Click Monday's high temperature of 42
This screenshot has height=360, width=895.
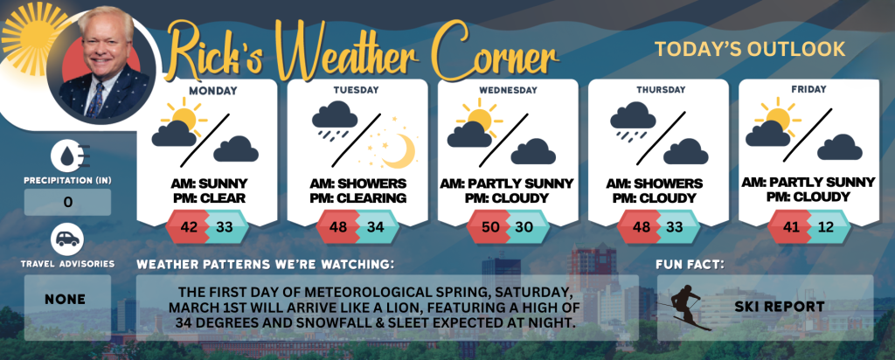pyautogui.click(x=188, y=227)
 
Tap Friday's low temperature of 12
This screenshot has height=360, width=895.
pyautogui.click(x=825, y=227)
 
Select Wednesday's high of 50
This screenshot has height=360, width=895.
pyautogui.click(x=489, y=227)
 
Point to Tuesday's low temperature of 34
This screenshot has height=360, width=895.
pyautogui.click(x=375, y=227)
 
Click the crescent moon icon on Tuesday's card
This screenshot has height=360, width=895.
pyautogui.click(x=399, y=150)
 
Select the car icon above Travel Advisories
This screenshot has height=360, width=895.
pyautogui.click(x=67, y=239)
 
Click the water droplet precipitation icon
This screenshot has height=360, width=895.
pyautogui.click(x=67, y=156)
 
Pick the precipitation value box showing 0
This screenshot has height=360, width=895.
pyautogui.click(x=67, y=202)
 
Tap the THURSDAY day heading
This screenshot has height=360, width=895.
pyautogui.click(x=661, y=90)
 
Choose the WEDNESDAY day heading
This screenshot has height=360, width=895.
pyautogui.click(x=508, y=90)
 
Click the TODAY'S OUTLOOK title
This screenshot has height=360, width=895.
pyautogui.click(x=750, y=49)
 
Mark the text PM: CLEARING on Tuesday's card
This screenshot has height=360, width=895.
pyautogui.click(x=357, y=198)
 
